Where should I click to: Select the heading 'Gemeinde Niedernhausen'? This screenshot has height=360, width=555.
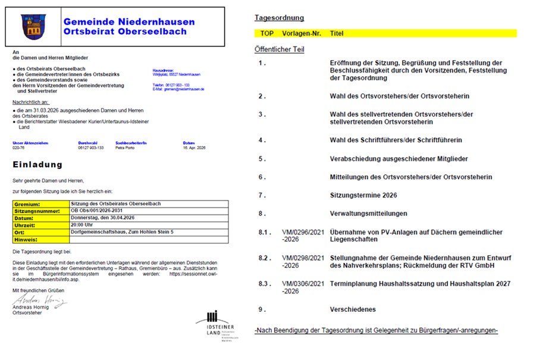(129, 21)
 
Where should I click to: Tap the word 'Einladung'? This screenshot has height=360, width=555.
(37, 164)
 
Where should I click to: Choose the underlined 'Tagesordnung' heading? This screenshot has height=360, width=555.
(279, 18)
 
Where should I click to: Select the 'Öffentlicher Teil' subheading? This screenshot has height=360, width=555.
(279, 49)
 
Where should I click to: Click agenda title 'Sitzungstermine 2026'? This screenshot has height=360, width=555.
(363, 195)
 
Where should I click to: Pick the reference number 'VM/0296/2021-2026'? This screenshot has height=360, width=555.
(303, 236)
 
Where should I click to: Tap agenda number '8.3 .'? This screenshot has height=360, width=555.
(265, 284)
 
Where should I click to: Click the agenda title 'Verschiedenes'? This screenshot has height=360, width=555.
(353, 309)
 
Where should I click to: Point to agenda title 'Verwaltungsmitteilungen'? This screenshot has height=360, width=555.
(368, 213)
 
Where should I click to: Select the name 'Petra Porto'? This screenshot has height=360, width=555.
(125, 148)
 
